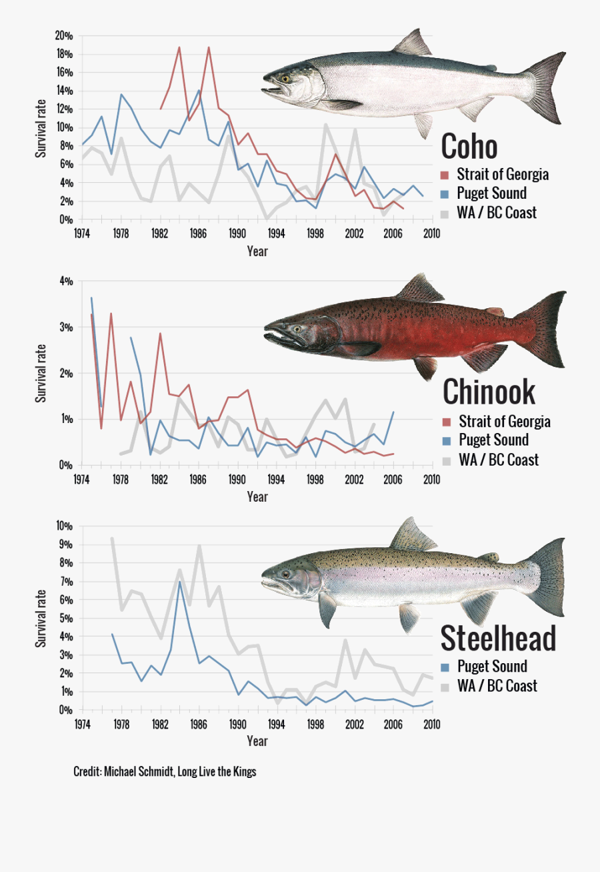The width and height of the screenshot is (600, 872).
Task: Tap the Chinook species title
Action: click(x=489, y=392)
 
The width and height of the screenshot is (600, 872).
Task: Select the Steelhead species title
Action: click(x=498, y=638)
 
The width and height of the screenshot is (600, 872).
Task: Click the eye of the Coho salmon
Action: click(x=285, y=78)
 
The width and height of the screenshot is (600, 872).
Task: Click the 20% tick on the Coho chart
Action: click(x=64, y=35)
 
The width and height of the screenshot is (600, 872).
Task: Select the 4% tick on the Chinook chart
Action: click(x=66, y=282)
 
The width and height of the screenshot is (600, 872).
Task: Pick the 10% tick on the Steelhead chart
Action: click(x=64, y=526)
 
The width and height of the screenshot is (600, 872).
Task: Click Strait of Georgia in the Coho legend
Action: click(x=503, y=175)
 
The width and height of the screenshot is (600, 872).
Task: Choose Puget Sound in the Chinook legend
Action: click(x=493, y=440)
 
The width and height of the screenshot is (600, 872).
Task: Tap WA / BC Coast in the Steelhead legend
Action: click(x=497, y=686)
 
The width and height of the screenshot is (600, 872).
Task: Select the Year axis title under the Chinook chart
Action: click(x=257, y=496)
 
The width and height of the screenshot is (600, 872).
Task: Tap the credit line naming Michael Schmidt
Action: click(x=164, y=772)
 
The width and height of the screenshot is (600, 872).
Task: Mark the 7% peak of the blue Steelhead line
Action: click(x=179, y=581)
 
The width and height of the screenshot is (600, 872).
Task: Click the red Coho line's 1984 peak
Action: click(x=179, y=47)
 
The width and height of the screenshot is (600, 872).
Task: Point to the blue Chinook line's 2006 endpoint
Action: click(x=393, y=412)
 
